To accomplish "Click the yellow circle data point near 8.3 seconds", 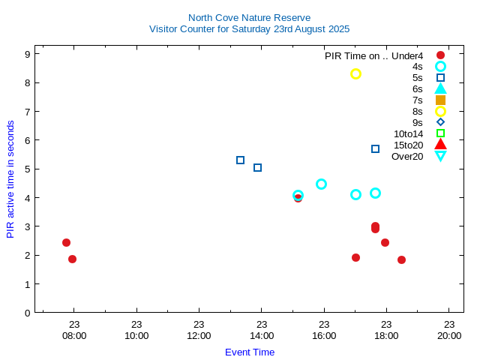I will click(356, 73).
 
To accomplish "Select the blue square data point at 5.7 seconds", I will click(375, 148).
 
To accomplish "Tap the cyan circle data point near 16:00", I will click(321, 184).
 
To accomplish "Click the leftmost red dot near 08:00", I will click(66, 242).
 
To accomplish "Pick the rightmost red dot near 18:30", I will click(401, 259).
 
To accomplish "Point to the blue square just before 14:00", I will click(257, 167).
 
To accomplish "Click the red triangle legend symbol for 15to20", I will click(440, 145).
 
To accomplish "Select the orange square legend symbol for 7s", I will click(440, 100).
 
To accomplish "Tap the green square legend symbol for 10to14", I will click(440, 133).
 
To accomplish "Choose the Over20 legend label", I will click(407, 156).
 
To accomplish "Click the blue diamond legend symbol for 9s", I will click(440, 122).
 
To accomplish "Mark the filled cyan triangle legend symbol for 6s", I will click(440, 88).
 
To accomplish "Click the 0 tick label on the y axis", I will click(26, 313).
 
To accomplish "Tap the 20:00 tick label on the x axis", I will click(448, 335).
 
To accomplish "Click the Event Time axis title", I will click(250, 352).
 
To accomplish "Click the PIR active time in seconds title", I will click(10, 179).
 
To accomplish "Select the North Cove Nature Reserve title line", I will click(249, 17).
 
